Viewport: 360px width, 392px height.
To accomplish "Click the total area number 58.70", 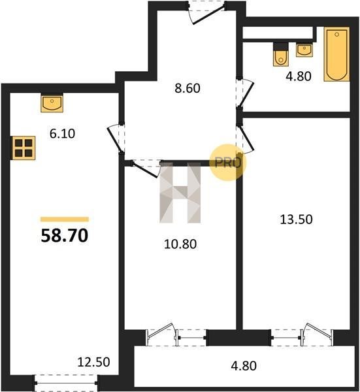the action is pyautogui.click(x=65, y=235).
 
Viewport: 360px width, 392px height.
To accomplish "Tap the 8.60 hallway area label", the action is pyautogui.click(x=188, y=88).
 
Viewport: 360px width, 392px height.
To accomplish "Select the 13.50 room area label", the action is pyautogui.click(x=296, y=220).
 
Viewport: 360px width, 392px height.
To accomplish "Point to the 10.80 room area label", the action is pyautogui.click(x=180, y=244).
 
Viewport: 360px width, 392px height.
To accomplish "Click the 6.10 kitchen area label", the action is pyautogui.click(x=62, y=133).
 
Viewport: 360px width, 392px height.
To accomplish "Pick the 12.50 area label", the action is pyautogui.click(x=93, y=362).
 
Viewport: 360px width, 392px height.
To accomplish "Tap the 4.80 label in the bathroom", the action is pyautogui.click(x=299, y=76).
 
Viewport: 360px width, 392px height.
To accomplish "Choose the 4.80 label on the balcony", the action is pyautogui.click(x=244, y=366).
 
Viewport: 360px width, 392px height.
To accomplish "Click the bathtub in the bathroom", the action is pyautogui.click(x=336, y=54).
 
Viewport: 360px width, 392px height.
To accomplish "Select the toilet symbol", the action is pyautogui.click(x=281, y=55).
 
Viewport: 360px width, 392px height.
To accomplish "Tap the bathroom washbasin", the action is pyautogui.click(x=304, y=50).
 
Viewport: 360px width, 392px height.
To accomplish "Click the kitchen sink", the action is pyautogui.click(x=52, y=103).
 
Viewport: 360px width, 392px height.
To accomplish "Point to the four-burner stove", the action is pyautogui.click(x=24, y=148).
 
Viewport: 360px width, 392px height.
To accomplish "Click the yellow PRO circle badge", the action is pyautogui.click(x=228, y=163).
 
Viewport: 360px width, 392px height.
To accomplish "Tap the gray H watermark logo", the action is pyautogui.click(x=180, y=193).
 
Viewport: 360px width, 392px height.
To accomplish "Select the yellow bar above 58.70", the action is pyautogui.click(x=65, y=220).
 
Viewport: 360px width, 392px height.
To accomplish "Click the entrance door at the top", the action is pyautogui.click(x=207, y=12).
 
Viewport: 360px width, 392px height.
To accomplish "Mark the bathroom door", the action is pyautogui.click(x=246, y=93).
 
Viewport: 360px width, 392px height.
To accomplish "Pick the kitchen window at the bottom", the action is pyautogui.click(x=66, y=383).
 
